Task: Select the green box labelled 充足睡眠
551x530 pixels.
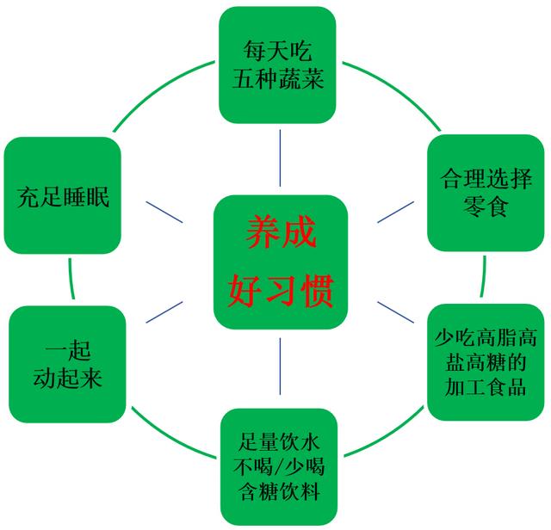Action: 63,196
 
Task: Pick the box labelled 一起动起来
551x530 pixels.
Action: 67,365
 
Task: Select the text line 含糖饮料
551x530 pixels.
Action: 278,494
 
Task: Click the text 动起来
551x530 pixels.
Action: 67,378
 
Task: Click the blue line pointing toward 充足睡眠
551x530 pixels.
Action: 164,212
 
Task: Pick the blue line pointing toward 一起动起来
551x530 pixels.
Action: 164,311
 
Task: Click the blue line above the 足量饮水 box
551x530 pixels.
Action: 281,367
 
